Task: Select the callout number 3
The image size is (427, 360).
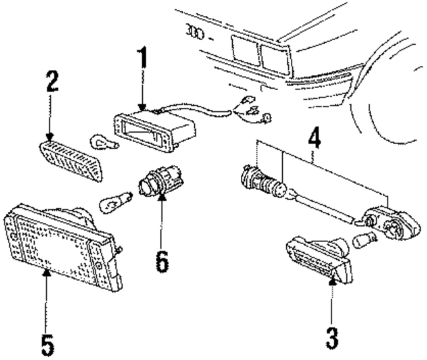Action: click(331, 336)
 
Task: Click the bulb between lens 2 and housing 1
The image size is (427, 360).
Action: click(103, 142)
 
